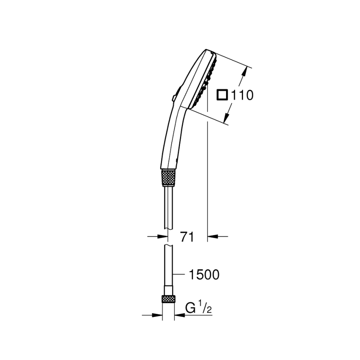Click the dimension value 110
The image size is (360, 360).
pyautogui.click(x=242, y=95)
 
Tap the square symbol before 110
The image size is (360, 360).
pyautogui.click(x=222, y=95)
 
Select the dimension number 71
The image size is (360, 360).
pyautogui.click(x=187, y=237)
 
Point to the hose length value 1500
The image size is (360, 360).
pyautogui.click(x=204, y=275)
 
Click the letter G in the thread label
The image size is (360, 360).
pyautogui.click(x=190, y=308)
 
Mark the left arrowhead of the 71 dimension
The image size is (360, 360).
pyautogui.click(x=163, y=236)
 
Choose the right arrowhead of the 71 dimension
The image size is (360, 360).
pyautogui.click(x=212, y=236)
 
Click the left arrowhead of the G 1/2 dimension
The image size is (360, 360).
pyautogui.click(x=157, y=315)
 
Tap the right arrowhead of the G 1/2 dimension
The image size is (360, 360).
pyautogui.click(x=179, y=315)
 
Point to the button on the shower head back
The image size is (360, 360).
pyautogui.click(x=173, y=98)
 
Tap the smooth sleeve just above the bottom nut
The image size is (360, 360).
pyautogui.click(x=168, y=289)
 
